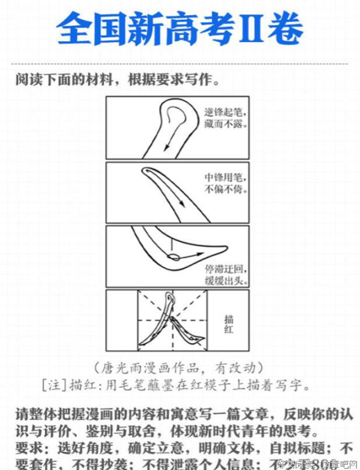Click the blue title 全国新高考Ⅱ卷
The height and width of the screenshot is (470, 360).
pos(180,28)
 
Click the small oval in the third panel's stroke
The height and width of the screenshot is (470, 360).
pos(173,258)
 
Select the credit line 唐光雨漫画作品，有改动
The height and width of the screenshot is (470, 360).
pos(178,367)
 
